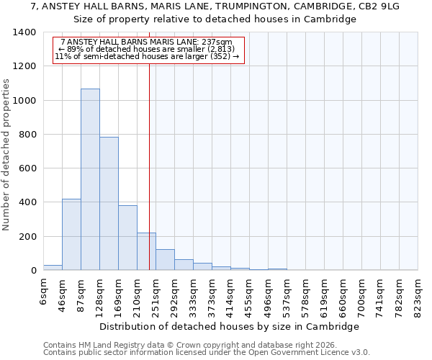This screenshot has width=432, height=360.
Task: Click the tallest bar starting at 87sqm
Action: [90, 180]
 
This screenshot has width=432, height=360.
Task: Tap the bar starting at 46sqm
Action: [71, 235]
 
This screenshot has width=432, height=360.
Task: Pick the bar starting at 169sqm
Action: [127, 238]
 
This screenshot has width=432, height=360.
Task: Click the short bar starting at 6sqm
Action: [53, 267]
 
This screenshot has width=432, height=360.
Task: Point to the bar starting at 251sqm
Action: [165, 260]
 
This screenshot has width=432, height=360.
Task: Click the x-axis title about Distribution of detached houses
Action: [229, 326]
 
